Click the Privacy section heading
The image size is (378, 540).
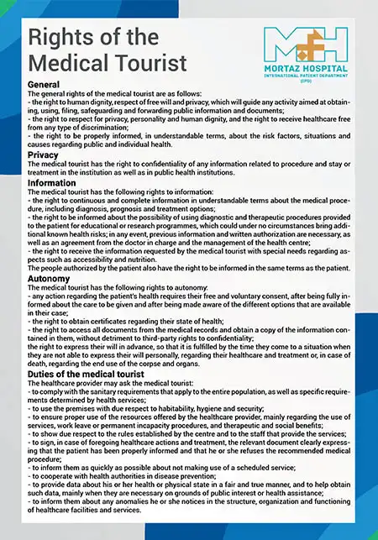(43, 155)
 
